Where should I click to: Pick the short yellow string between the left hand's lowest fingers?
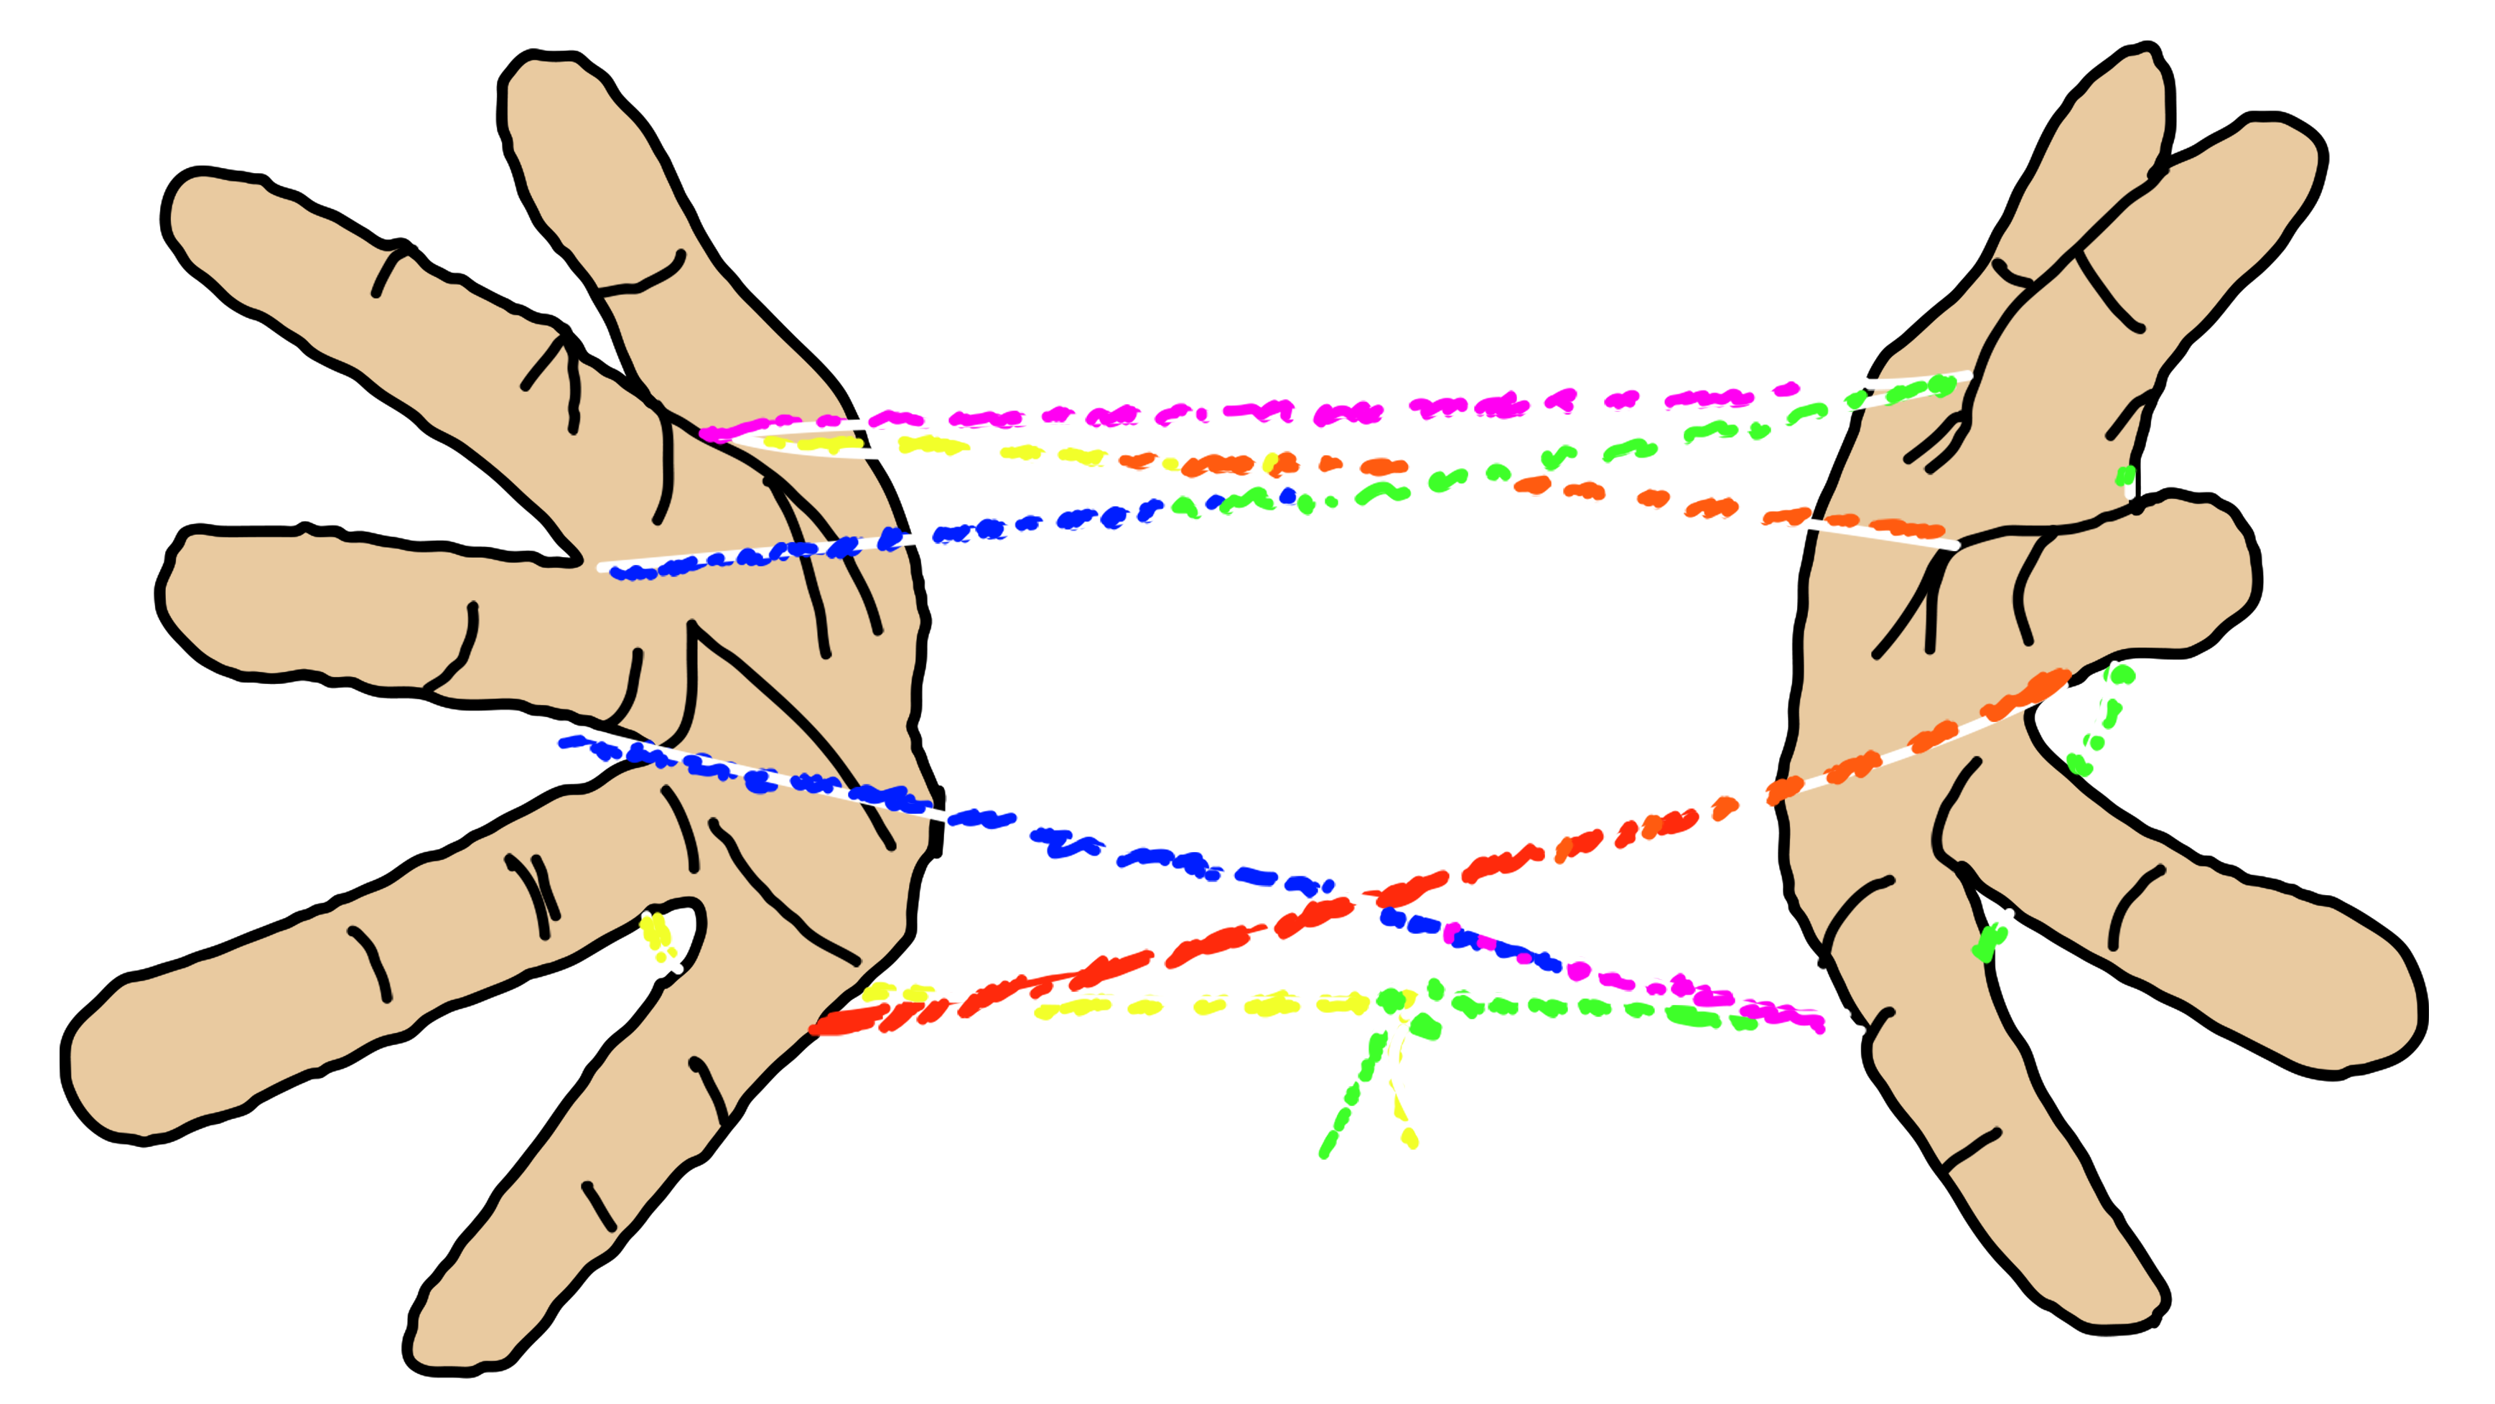click(x=658, y=937)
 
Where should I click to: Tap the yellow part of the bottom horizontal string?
click(x=1162, y=1005)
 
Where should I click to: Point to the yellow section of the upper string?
click(x=930, y=446)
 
